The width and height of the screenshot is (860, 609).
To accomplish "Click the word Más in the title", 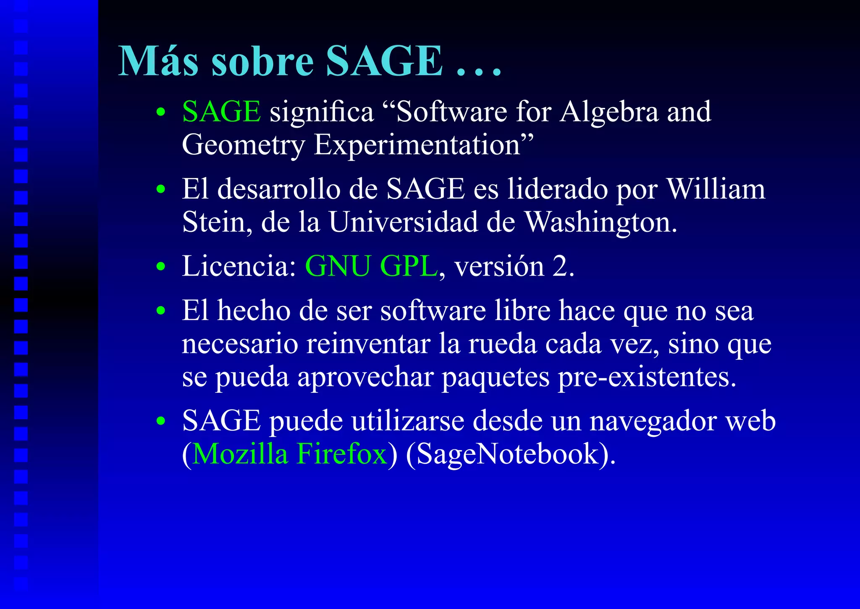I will tap(158, 61).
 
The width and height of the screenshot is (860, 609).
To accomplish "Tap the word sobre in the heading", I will tap(263, 61).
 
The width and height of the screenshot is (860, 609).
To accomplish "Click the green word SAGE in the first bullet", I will tap(221, 112).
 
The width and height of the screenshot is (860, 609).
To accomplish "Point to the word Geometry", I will tap(243, 146).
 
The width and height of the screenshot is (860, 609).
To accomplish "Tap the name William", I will tap(716, 189).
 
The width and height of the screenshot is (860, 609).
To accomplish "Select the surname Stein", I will tap(214, 222).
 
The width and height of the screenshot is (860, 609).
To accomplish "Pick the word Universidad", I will tap(403, 222).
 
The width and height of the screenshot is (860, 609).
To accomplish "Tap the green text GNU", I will tap(338, 266).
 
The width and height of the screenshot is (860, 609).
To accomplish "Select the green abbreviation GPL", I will tap(409, 266).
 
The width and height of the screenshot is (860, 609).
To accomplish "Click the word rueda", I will tap(502, 344).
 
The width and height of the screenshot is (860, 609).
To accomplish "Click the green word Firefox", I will tap(342, 454).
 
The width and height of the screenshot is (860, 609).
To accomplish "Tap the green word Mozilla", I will tap(240, 454).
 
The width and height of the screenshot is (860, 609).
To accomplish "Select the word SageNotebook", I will tap(507, 454).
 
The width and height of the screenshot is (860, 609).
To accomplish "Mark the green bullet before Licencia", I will tap(160, 267).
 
